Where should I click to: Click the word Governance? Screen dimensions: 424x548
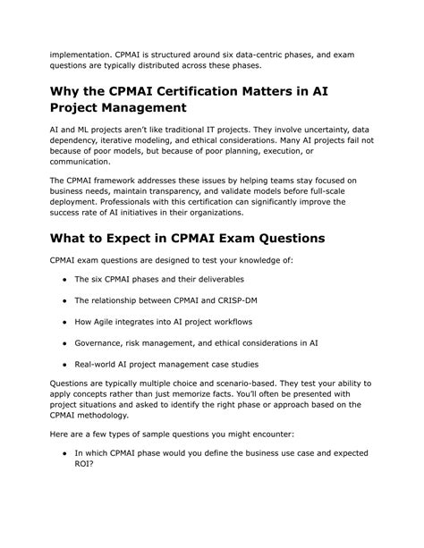click(107, 342)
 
